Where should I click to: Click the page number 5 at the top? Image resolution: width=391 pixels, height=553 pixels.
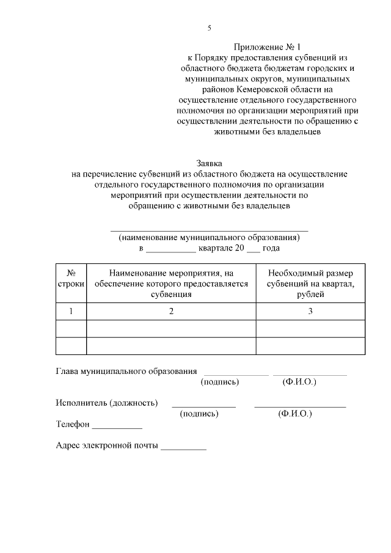point(209,28)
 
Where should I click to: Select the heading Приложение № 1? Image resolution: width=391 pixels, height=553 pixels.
point(267,46)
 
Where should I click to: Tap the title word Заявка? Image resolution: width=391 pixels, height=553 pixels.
point(209,163)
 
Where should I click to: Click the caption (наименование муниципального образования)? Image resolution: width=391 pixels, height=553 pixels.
point(209,238)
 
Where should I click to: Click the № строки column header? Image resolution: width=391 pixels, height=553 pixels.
point(71,279)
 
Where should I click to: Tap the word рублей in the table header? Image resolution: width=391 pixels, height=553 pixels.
point(310,295)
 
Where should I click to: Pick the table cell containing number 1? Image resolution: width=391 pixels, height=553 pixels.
point(71,312)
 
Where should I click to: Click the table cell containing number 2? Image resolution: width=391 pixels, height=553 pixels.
point(171,312)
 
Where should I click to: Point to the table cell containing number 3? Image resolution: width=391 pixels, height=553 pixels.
point(310,312)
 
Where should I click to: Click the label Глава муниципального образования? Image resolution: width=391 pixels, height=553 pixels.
point(126,371)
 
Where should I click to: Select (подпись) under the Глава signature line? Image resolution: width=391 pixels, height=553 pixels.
point(219,382)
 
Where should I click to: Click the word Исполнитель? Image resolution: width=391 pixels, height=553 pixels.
point(81,403)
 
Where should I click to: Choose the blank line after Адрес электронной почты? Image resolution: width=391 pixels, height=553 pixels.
point(183,448)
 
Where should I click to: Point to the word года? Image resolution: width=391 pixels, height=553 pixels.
point(271,249)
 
